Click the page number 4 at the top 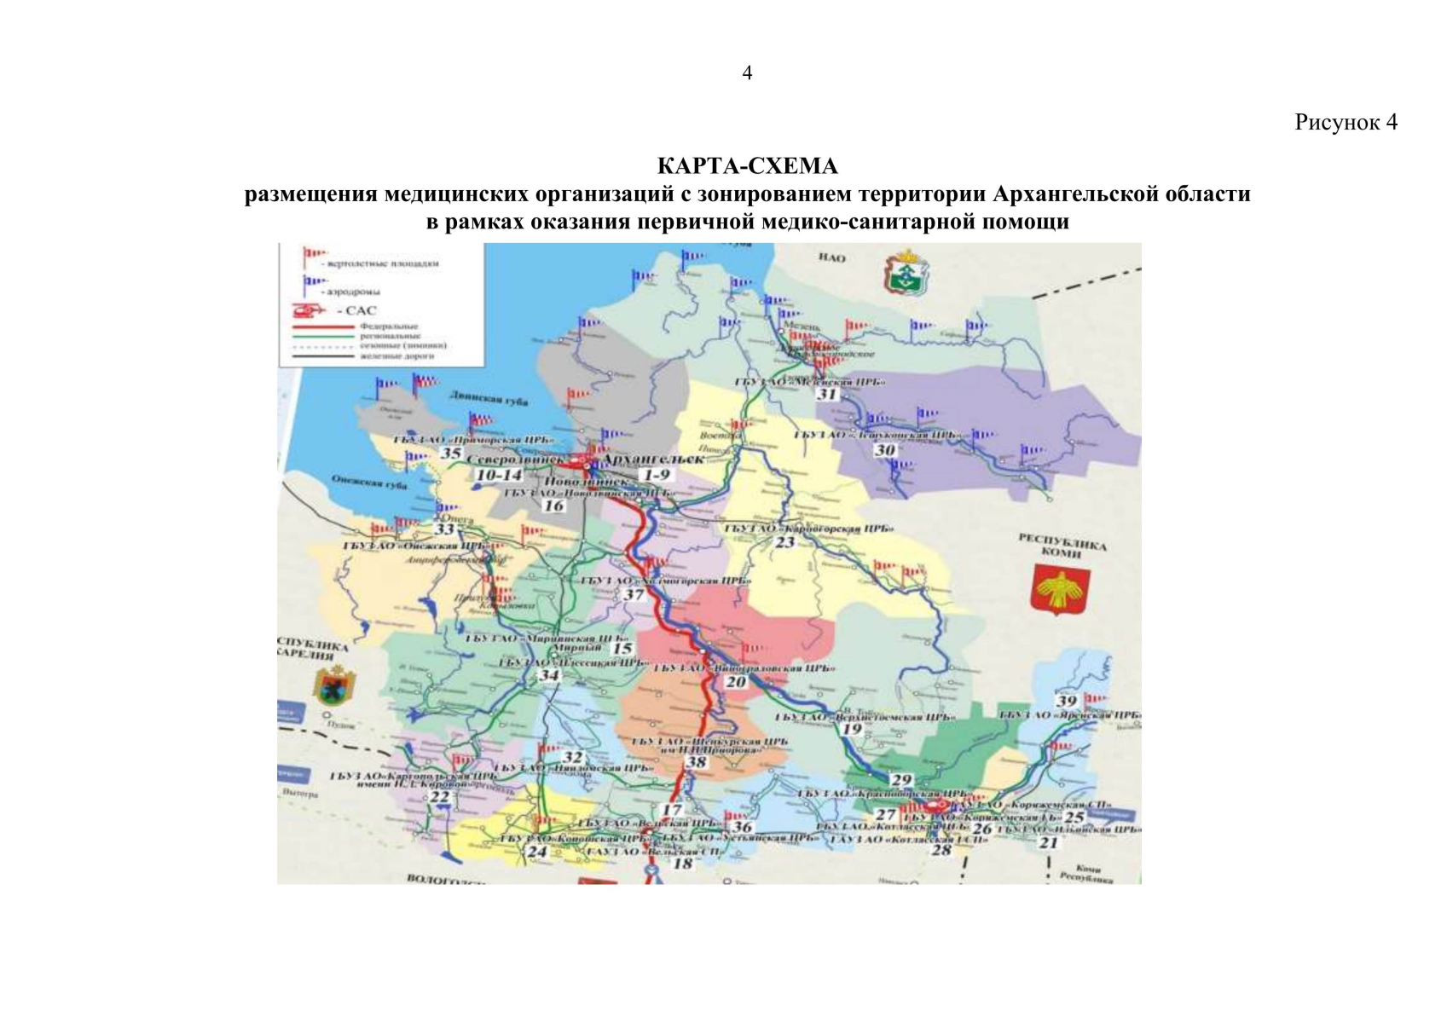tap(747, 73)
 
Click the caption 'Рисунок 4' tap(1346, 122)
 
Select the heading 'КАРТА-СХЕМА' tap(747, 165)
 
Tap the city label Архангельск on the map tap(653, 459)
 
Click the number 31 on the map tap(827, 394)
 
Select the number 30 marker tap(885, 449)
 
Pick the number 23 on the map tap(784, 541)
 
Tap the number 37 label tap(634, 594)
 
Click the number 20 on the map tap(735, 681)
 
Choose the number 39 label tap(1067, 701)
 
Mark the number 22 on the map tap(439, 797)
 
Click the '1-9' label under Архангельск tap(657, 474)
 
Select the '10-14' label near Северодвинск tap(499, 475)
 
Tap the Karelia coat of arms tap(334, 687)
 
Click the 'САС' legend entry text tap(361, 310)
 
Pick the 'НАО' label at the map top tap(831, 257)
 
